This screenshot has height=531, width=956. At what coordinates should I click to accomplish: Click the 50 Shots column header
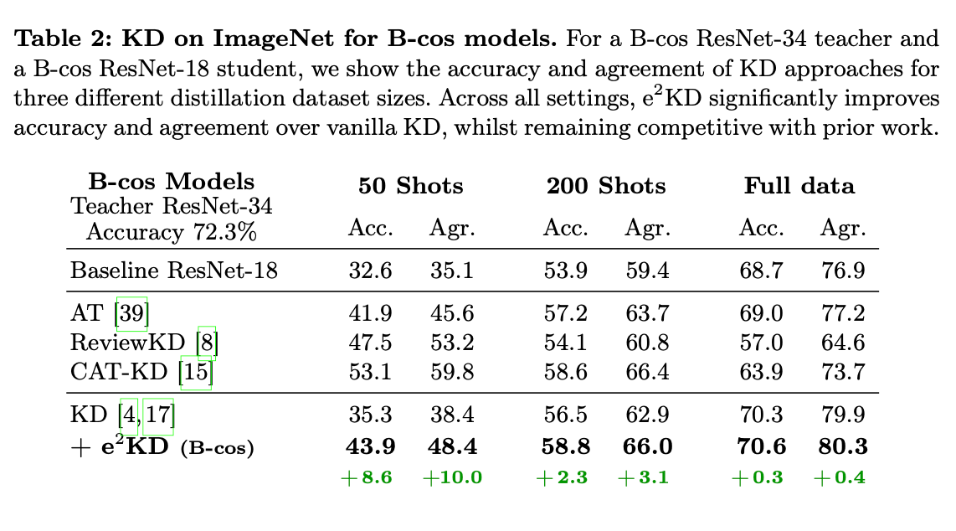411,186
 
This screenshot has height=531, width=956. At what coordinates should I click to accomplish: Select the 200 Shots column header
606,186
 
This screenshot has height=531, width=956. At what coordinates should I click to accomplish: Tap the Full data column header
799,186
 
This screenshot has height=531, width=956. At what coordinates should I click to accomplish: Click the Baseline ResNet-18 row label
174,271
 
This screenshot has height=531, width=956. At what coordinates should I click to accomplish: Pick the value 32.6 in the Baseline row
371,271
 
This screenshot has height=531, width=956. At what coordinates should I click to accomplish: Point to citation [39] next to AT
131,313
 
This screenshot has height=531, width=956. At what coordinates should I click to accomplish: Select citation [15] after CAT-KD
198,371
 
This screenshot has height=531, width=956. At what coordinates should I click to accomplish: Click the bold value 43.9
371,447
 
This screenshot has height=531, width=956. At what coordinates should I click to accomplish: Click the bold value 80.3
843,447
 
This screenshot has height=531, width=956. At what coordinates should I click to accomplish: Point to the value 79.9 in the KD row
843,414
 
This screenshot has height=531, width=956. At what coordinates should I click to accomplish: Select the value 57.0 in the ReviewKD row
762,342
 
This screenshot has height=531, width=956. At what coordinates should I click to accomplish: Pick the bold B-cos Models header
172,182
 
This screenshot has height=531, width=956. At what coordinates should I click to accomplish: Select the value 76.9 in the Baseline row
843,271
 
